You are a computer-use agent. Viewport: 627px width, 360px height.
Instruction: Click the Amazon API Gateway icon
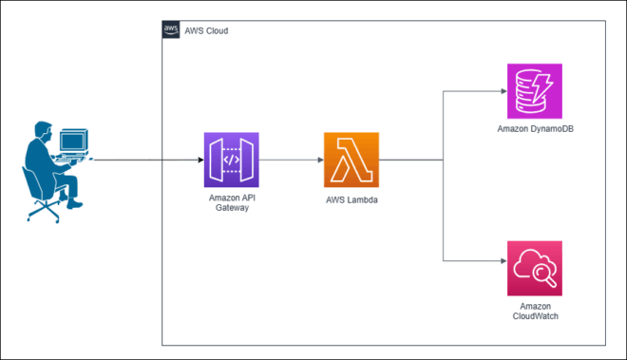pyautogui.click(x=231, y=160)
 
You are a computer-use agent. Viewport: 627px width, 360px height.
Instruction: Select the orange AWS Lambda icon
pyautogui.click(x=351, y=160)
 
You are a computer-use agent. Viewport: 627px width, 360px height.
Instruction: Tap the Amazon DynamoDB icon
pyautogui.click(x=534, y=91)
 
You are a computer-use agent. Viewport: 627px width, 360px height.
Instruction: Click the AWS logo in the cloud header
pyautogui.click(x=171, y=30)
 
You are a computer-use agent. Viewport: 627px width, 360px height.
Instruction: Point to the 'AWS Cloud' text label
pyautogui.click(x=205, y=31)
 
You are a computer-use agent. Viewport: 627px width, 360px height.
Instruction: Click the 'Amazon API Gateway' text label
pyautogui.click(x=231, y=201)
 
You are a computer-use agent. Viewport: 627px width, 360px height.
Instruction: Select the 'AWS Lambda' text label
pyautogui.click(x=351, y=200)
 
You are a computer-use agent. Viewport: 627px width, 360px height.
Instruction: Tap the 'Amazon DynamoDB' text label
pyautogui.click(x=534, y=127)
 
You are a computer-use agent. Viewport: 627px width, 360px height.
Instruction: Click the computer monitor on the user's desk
pyautogui.click(x=73, y=142)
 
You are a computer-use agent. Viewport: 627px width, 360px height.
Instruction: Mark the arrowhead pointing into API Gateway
pyautogui.click(x=199, y=160)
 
